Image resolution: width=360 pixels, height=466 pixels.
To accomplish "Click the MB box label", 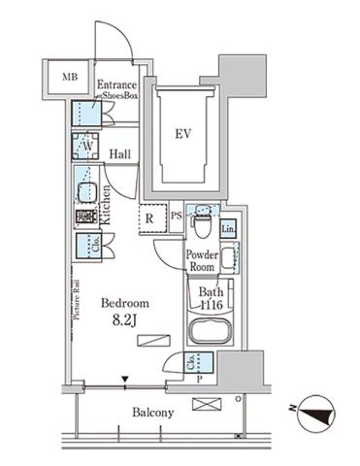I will [x=70, y=77].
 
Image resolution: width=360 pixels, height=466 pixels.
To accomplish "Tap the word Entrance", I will [x=117, y=85].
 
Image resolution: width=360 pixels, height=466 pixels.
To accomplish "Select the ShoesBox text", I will [x=120, y=97].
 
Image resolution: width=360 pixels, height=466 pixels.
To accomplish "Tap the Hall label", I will [x=121, y=154].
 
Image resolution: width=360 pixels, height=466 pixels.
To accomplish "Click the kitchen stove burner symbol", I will [x=85, y=216].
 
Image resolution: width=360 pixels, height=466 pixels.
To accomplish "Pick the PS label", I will [x=178, y=217].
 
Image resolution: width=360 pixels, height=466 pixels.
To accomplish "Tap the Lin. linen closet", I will [x=228, y=228].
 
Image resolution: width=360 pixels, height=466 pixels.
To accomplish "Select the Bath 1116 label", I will [x=208, y=297].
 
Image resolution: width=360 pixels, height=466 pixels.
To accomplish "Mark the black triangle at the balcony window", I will [x=123, y=380].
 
